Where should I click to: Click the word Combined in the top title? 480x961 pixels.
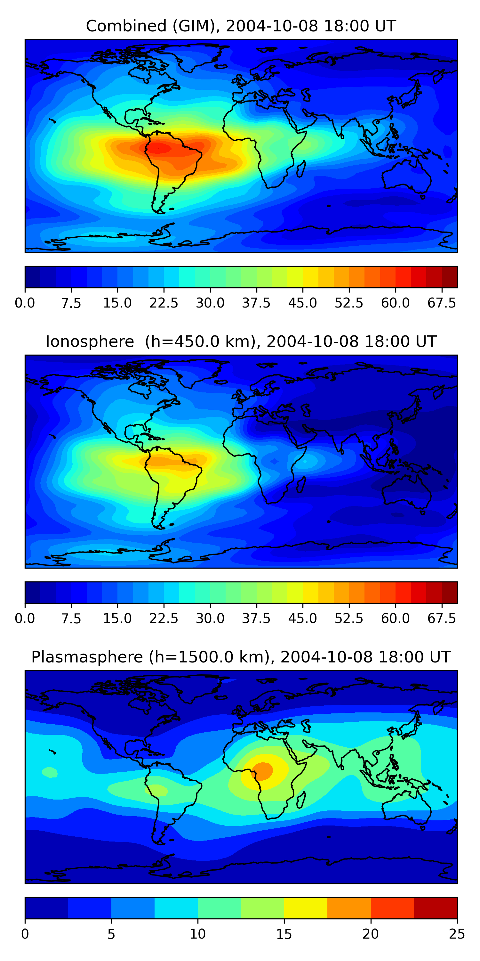(x=126, y=26)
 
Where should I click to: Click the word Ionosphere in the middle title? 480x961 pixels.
(x=90, y=342)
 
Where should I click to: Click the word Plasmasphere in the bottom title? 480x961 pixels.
(x=87, y=657)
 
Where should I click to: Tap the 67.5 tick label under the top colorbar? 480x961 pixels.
(x=442, y=303)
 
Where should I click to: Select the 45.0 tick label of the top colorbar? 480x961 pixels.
(x=303, y=303)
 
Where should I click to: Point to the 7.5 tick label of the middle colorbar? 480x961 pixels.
(x=71, y=619)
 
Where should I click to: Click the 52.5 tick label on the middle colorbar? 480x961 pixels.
(x=349, y=619)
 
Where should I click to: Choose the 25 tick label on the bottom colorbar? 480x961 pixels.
(x=457, y=934)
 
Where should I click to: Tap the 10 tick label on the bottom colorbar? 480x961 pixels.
(x=197, y=934)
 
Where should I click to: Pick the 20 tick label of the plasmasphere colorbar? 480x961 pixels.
(x=371, y=934)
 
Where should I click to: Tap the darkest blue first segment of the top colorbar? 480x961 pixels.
(x=32, y=277)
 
